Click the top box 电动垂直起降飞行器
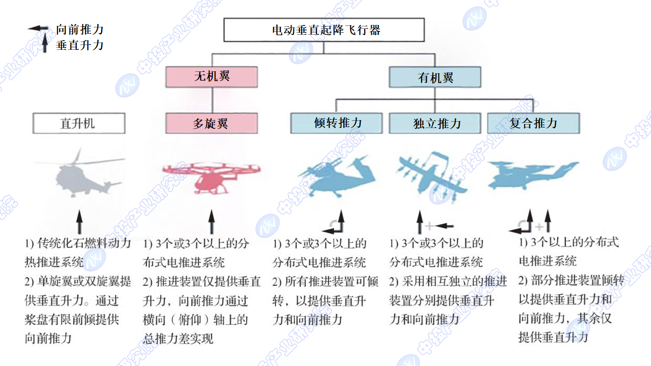324,30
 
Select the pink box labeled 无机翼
211,77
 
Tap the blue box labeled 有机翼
435,77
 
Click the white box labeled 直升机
79,123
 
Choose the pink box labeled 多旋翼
211,123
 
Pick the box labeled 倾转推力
336,123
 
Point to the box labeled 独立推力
435,123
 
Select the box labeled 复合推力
533,123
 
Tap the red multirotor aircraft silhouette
211,178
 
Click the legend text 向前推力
80,29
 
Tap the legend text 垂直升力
80,45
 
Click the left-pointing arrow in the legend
38,28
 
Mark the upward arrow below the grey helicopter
79,221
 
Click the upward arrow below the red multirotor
211,221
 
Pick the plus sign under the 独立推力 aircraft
429,226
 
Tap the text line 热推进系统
54,262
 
